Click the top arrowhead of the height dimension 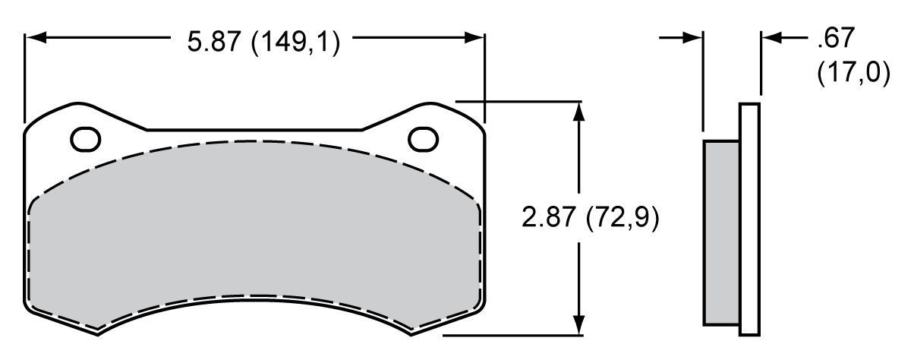580,111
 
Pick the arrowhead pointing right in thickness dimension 692,36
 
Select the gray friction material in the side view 721,232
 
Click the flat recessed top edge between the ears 254,130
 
